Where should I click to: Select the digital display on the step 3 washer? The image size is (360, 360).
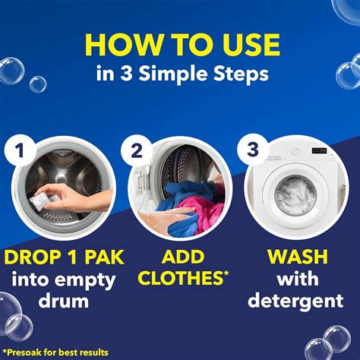(x=319, y=150)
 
